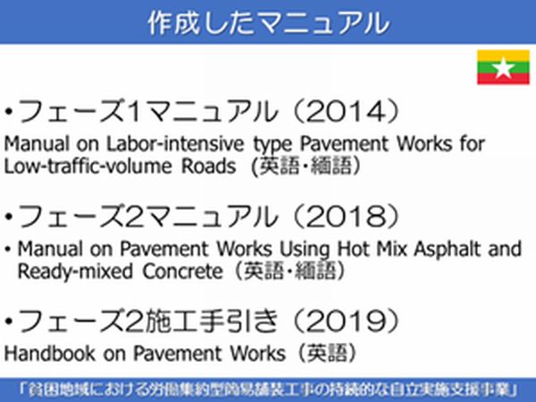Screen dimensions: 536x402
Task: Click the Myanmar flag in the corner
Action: pos(503,67)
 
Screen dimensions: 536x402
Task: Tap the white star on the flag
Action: pos(503,67)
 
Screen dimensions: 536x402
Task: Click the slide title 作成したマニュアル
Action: pos(268,22)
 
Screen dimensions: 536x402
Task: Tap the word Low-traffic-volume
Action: pos(88,166)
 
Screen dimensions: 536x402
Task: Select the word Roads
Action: pos(208,166)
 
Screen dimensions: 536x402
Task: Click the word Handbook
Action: pos(49,353)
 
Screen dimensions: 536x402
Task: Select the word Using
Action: pos(305,249)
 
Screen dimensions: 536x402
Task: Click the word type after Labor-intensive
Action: pos(272,145)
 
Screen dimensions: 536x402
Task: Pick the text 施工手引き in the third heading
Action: pos(211,321)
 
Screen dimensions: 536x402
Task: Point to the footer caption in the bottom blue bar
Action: pos(268,390)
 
